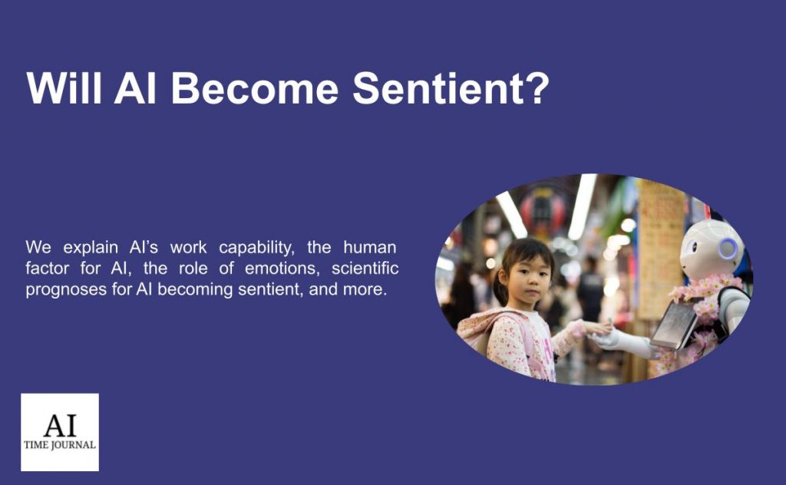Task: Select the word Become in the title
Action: pos(254,89)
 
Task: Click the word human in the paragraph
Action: pos(369,248)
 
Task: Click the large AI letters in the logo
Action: pos(60,424)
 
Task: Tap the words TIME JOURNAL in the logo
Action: pos(60,444)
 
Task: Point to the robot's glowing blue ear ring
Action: pos(728,249)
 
